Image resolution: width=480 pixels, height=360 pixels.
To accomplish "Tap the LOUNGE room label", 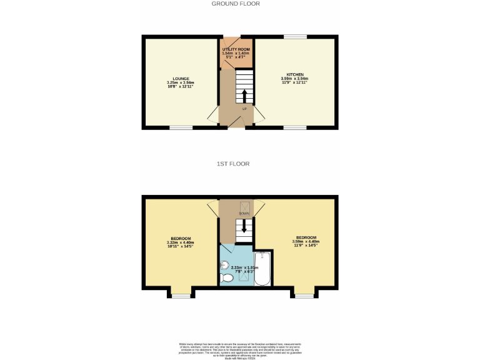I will pos(181,79).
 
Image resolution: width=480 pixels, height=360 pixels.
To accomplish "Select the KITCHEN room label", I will pos(295,74).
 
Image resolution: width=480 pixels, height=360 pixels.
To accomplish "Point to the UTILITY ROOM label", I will pos(236,48).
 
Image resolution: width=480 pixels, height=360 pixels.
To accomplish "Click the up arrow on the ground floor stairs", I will pos(244,96).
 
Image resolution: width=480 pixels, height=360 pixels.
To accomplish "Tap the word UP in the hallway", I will pos(244,109).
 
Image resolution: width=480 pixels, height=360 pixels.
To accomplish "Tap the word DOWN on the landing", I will pos(244,214).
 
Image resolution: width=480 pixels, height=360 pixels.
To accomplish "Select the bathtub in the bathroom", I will pos(263,269).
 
